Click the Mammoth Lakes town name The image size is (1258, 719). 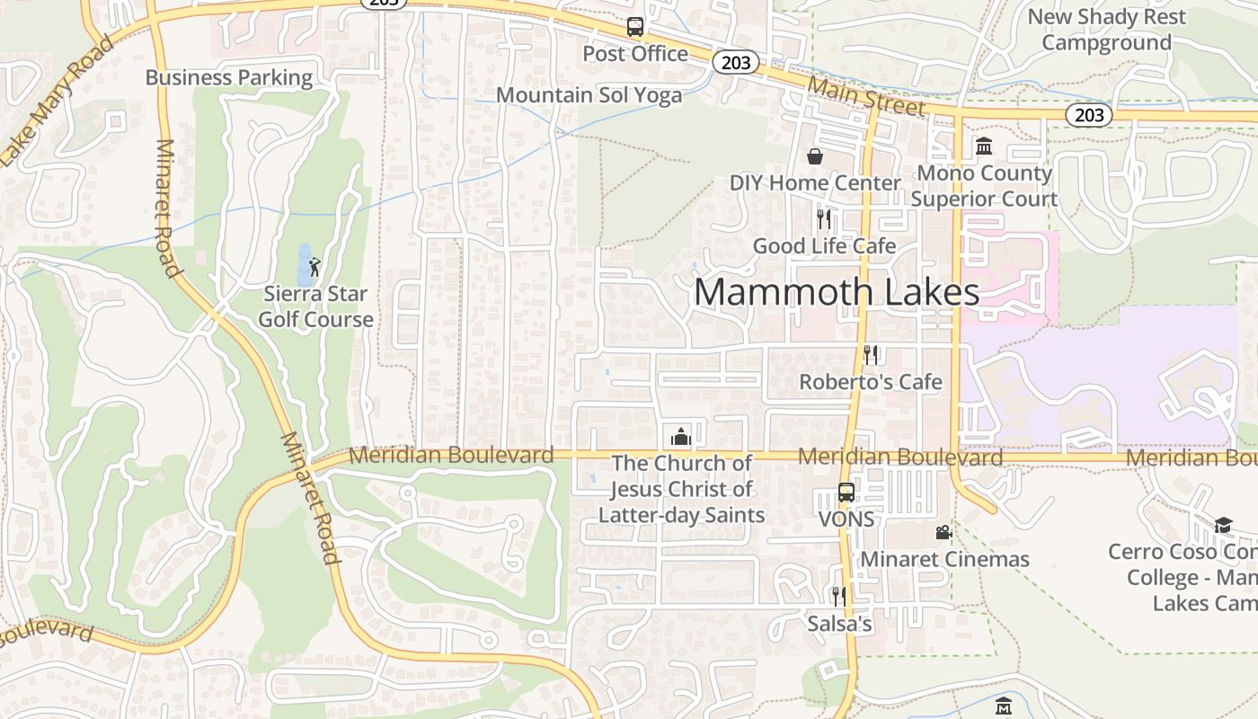point(836,292)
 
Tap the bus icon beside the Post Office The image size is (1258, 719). point(635,27)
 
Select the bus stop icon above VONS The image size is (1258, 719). point(846,493)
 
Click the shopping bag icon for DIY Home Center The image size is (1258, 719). point(814,157)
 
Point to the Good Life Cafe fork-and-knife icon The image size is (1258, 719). point(823,218)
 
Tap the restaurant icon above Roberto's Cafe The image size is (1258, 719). point(870,355)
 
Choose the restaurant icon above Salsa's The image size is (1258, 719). point(838,596)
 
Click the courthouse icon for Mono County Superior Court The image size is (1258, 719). point(983,146)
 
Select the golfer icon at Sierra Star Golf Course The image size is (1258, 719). point(314,267)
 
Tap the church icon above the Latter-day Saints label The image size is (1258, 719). point(681,437)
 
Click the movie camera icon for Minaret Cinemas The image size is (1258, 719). point(943,532)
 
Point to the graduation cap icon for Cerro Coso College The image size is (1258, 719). point(1223,525)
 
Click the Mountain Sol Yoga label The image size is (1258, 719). point(589,94)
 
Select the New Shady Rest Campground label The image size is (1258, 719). point(1106,30)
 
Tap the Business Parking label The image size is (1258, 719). point(229,77)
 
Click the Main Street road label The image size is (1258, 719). point(865,95)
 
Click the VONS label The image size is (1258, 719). point(846,519)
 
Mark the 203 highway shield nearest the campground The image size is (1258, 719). point(1089,115)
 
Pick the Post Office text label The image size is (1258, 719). point(635,54)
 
